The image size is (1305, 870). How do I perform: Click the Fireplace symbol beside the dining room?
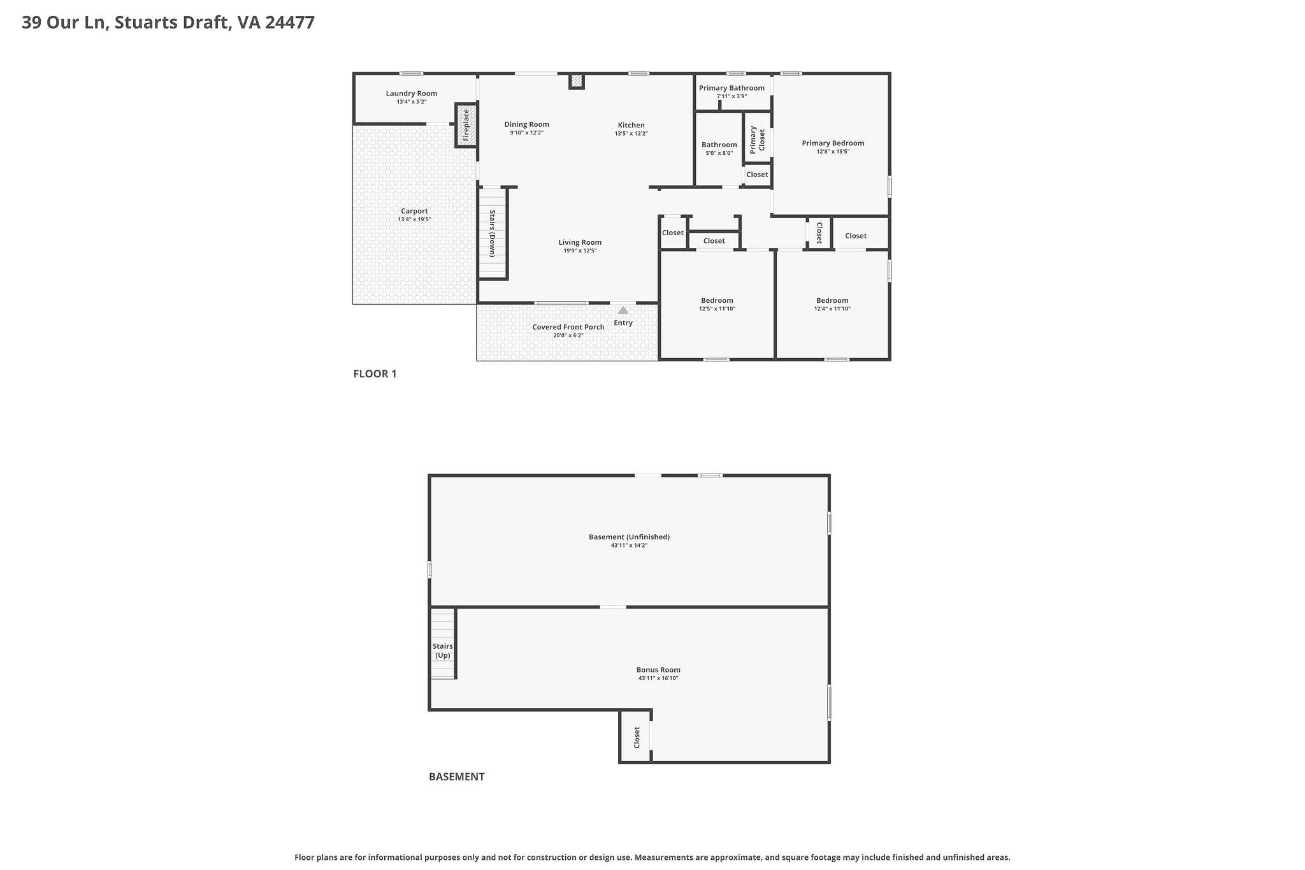coord(466,125)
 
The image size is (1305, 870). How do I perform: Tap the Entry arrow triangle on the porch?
coord(623,310)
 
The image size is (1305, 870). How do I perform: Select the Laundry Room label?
coord(412,93)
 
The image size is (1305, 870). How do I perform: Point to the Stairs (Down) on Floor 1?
coord(493,233)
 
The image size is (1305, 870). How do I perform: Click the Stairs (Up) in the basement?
coord(442,650)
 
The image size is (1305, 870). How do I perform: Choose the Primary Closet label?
coord(757,139)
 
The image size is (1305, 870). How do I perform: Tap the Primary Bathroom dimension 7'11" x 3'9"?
coord(732,96)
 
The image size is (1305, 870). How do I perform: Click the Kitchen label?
coord(631,125)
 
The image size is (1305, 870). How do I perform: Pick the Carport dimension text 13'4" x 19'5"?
coord(414,219)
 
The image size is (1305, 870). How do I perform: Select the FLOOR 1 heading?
coord(375,373)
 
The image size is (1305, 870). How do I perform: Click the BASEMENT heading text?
coord(456,776)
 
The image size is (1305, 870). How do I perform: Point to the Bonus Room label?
coord(658,669)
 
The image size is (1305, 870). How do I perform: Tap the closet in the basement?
coord(636,737)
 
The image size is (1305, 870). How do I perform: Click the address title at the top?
coord(168,22)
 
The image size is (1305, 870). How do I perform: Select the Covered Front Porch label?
coord(568,327)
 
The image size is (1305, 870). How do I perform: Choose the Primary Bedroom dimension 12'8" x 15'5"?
coord(833,152)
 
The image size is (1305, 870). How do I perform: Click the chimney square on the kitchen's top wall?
coord(576,81)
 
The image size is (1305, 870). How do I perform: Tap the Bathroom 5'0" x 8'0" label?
coord(719,145)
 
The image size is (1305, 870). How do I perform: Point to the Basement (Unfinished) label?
coord(629,537)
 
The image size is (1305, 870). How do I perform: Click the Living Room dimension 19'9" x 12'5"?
coord(580,251)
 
